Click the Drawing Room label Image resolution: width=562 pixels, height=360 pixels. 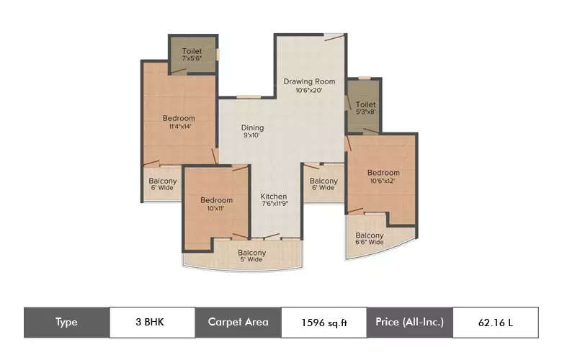pos(309,81)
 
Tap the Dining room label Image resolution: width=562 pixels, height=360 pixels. pos(252,128)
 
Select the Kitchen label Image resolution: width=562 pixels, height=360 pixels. pos(274,196)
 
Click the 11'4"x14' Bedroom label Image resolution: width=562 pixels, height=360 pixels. pos(179,118)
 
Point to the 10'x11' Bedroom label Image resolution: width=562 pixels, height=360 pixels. pos(216,200)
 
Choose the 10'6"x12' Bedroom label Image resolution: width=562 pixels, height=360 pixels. pos(383,173)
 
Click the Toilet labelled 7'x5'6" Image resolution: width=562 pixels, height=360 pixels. pos(192,51)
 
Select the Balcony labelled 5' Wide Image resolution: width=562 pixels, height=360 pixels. pos(251,253)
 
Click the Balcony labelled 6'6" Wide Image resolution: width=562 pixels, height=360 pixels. pos(370,235)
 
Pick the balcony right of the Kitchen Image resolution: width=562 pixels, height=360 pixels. pos(324,181)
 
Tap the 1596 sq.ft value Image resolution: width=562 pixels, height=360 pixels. pos(324,323)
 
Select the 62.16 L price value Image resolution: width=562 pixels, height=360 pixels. pos(495,323)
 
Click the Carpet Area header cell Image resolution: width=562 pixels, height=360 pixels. pos(238,323)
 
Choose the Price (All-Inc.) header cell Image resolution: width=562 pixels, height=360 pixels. pos(409,323)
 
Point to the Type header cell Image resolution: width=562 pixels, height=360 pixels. pos(66,323)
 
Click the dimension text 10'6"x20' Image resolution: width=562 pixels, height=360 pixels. pos(309,90)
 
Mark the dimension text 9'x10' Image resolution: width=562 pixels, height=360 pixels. pos(252,136)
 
